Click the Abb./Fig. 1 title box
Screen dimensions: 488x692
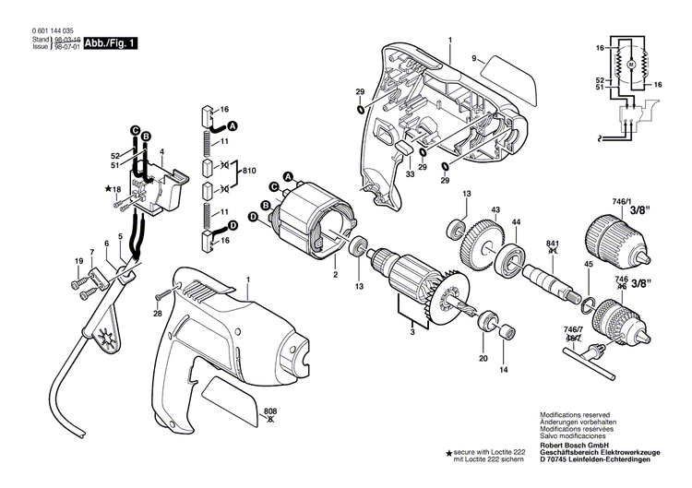click(x=110, y=42)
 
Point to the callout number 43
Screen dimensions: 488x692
click(x=495, y=211)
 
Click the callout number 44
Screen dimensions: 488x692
click(x=517, y=221)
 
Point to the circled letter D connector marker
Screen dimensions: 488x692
click(x=233, y=224)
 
